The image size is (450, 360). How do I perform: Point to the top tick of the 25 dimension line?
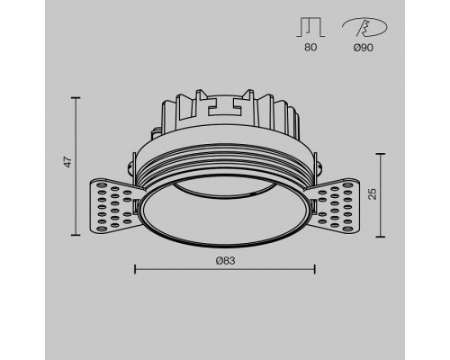pos(375,154)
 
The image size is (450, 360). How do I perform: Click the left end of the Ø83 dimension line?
pos(134,268)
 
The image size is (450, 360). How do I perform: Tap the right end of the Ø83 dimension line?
pos(314,268)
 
